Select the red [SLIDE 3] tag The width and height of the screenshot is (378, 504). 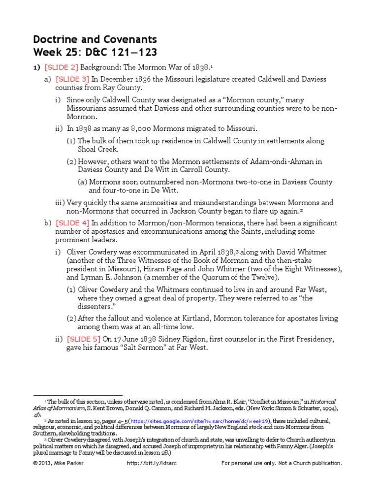[72, 79]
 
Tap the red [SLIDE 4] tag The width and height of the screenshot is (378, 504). [72, 223]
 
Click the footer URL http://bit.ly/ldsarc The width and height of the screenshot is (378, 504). [149, 463]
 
